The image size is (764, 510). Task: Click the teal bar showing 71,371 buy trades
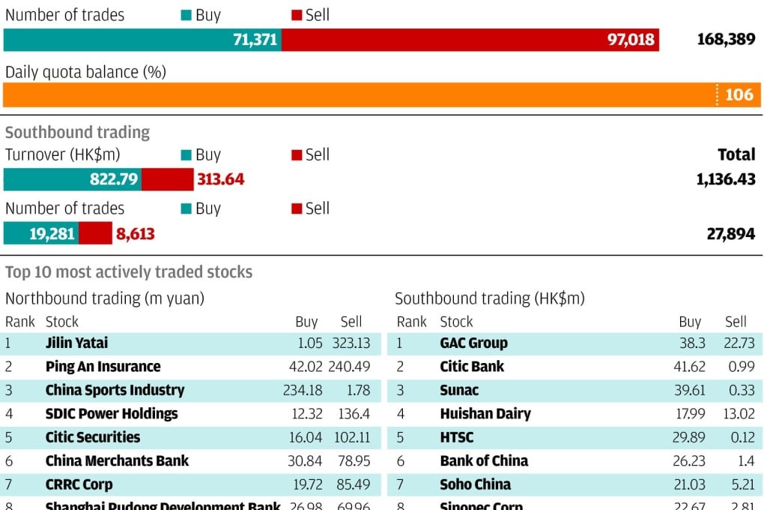point(142,40)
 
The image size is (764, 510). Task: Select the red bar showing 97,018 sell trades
point(470,40)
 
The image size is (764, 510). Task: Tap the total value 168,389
point(726,40)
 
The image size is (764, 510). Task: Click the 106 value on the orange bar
point(739,94)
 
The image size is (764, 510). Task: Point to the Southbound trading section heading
point(77,133)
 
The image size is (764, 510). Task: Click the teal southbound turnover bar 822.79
point(73,180)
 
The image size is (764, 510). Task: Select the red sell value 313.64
point(220,180)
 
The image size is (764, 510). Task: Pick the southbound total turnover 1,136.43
point(725,180)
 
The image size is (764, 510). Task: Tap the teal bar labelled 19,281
point(41,234)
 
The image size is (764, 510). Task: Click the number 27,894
point(730,234)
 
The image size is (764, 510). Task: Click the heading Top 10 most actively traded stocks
point(129,272)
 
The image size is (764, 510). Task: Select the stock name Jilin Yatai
point(76,343)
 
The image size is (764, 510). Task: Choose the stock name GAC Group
point(473,343)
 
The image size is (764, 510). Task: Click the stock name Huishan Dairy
point(485,414)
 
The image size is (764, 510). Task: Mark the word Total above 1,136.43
point(736,154)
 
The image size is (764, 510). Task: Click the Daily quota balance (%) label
point(85,73)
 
